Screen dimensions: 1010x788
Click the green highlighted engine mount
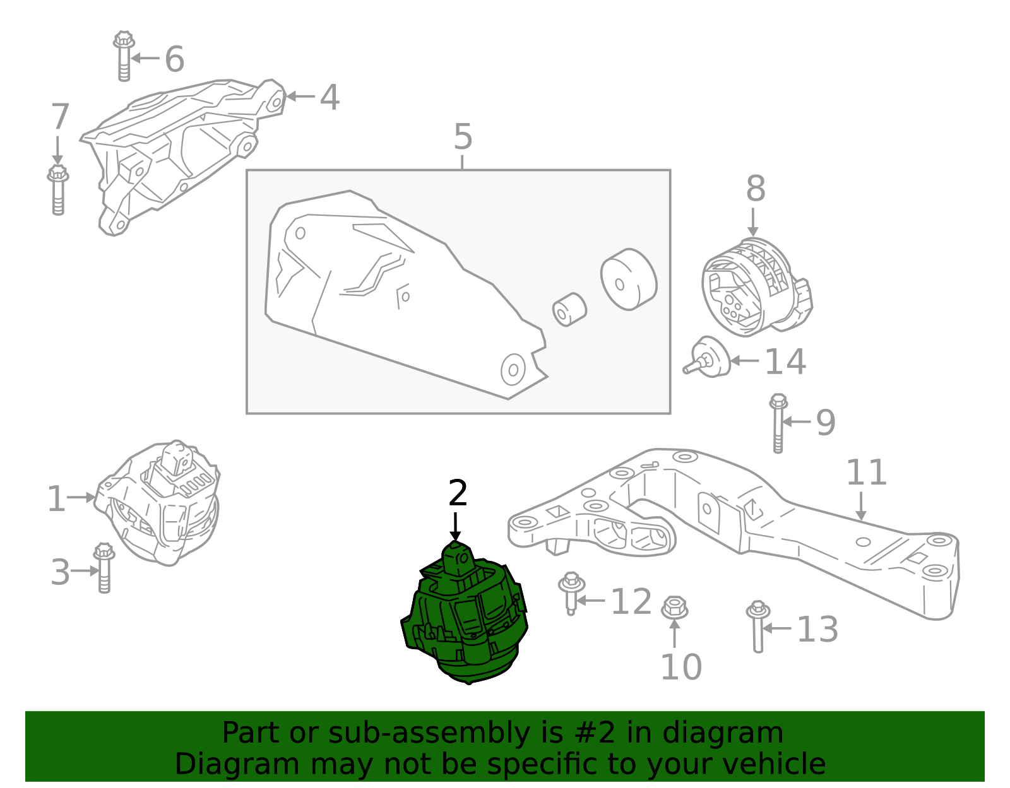464,613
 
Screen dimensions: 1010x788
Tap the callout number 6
175,59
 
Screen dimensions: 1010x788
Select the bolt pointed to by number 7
58,190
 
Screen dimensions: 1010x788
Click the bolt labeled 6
124,56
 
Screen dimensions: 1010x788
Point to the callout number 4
330,97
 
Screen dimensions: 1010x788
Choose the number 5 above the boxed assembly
463,137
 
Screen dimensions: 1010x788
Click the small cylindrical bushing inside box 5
569,310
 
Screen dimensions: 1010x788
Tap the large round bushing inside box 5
629,279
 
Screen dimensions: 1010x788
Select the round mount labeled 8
756,286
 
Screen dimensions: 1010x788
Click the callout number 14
785,362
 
